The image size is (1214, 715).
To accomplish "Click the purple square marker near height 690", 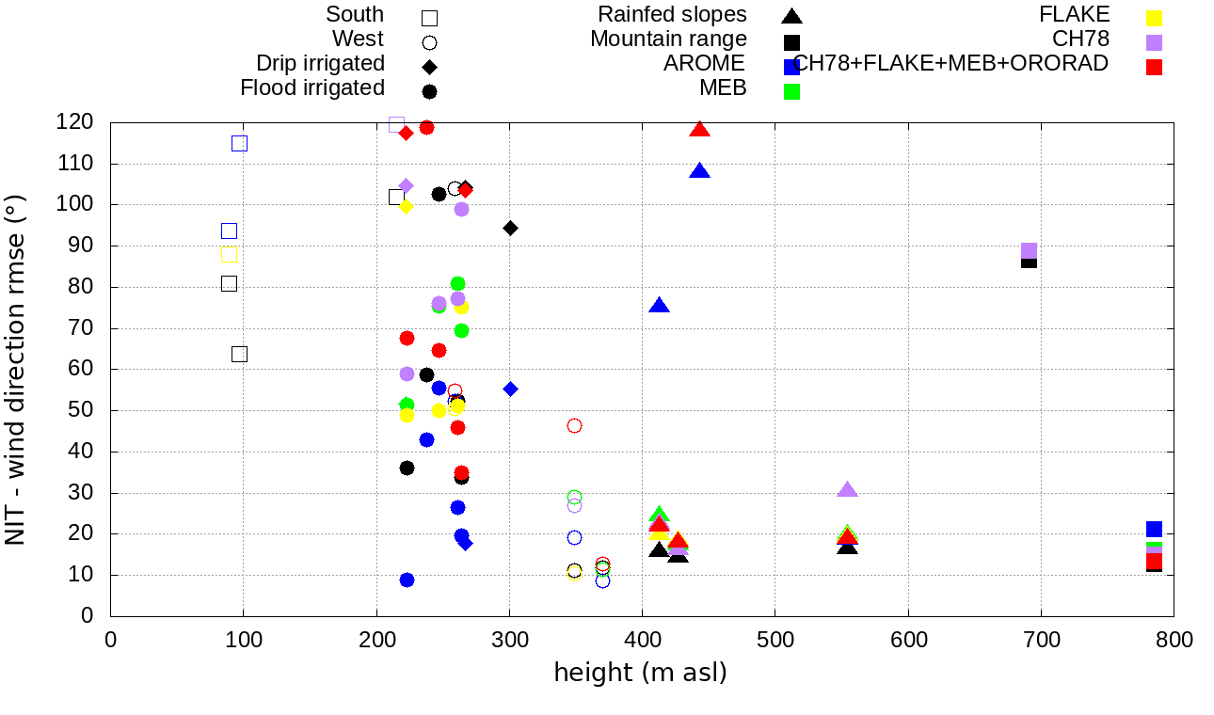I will pos(1029,251).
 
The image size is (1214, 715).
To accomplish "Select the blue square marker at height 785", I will pos(1154,530).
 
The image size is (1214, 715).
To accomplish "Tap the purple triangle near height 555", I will pos(847,490).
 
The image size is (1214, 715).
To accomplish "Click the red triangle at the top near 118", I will pos(699,130).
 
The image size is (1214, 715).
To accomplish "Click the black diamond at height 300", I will pos(510,229).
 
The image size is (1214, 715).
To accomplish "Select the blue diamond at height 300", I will pos(510,389).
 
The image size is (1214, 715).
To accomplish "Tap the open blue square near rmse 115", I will pos(239,144).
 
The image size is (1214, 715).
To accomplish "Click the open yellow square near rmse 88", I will pos(229,255).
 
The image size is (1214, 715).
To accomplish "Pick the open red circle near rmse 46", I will pos(574,426).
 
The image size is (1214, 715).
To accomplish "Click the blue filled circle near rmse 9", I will pos(407,580).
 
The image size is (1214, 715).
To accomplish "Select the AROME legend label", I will pos(704,64).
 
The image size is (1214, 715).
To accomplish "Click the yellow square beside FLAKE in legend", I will pos(1154,18).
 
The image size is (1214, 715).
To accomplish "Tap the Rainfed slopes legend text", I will pos(673,15).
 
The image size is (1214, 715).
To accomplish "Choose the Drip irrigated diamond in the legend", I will pos(429,67).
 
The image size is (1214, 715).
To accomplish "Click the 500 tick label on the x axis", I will pos(775,641).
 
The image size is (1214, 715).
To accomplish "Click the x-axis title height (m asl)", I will pos(640,674).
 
